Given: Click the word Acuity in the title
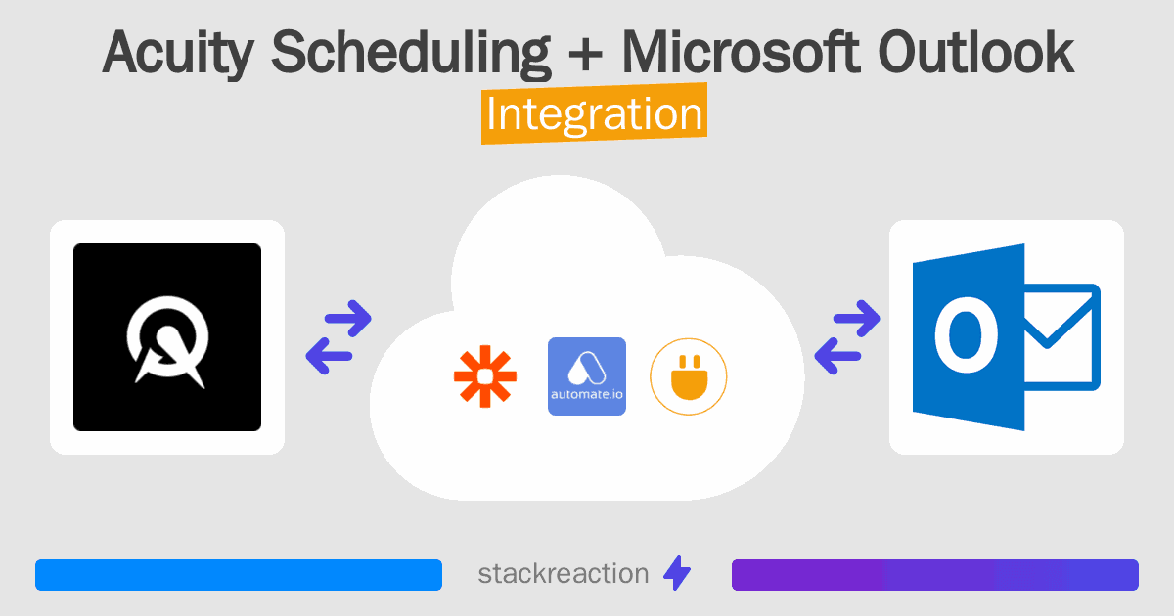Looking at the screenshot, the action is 178,54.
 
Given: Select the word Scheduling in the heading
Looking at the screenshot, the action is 411,53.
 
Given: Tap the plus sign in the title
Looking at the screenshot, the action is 585,55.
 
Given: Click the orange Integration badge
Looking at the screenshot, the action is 595,113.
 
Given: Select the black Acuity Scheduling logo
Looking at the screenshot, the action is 167,336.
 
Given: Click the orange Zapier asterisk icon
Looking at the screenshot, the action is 485,376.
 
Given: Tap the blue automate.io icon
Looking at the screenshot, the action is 587,376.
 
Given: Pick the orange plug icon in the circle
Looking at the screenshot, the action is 689,376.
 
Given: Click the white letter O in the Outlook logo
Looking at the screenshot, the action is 967,334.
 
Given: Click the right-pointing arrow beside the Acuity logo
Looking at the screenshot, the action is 348,318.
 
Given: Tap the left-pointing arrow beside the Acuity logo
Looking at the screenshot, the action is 329,356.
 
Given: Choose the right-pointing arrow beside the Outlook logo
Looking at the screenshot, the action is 856,318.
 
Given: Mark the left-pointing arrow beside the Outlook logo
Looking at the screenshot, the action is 837,356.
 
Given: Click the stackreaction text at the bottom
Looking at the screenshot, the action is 564,574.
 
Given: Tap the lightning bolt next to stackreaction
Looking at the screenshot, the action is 677,573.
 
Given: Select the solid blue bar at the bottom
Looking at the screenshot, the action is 239,575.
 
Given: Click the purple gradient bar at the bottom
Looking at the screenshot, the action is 935,575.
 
